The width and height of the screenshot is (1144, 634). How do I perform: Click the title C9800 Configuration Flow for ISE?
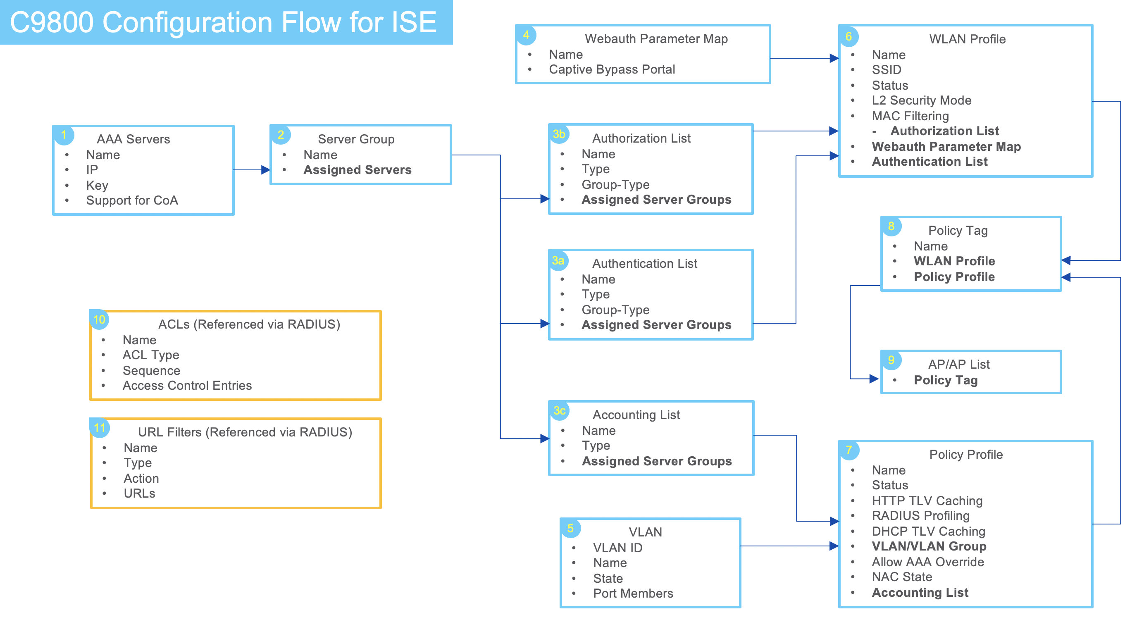click(x=223, y=22)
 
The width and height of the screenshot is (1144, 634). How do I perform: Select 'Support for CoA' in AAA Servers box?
click(x=132, y=200)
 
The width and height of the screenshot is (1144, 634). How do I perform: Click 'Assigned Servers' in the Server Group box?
click(x=357, y=169)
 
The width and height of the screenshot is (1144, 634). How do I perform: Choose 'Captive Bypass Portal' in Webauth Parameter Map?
click(x=612, y=69)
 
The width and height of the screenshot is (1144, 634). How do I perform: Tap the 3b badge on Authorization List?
click(x=559, y=133)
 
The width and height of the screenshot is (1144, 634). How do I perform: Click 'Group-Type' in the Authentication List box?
click(x=615, y=310)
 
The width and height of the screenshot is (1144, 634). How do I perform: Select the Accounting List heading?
click(x=636, y=415)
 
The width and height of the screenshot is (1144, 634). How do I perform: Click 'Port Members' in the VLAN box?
click(x=633, y=593)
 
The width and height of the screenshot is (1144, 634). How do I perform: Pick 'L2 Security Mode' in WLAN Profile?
click(x=921, y=100)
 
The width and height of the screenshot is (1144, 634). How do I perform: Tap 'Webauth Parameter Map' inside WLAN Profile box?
click(x=946, y=146)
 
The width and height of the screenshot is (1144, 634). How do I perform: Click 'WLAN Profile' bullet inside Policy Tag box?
click(x=954, y=261)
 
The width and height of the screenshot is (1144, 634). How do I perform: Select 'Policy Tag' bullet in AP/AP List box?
click(x=946, y=380)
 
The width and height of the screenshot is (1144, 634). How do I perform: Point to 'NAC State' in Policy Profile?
click(x=901, y=577)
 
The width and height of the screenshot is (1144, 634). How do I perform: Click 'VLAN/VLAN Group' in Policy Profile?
click(x=929, y=546)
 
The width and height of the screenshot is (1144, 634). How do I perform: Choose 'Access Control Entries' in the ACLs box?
click(x=187, y=385)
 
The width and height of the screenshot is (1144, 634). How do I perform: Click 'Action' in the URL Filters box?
click(x=141, y=478)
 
